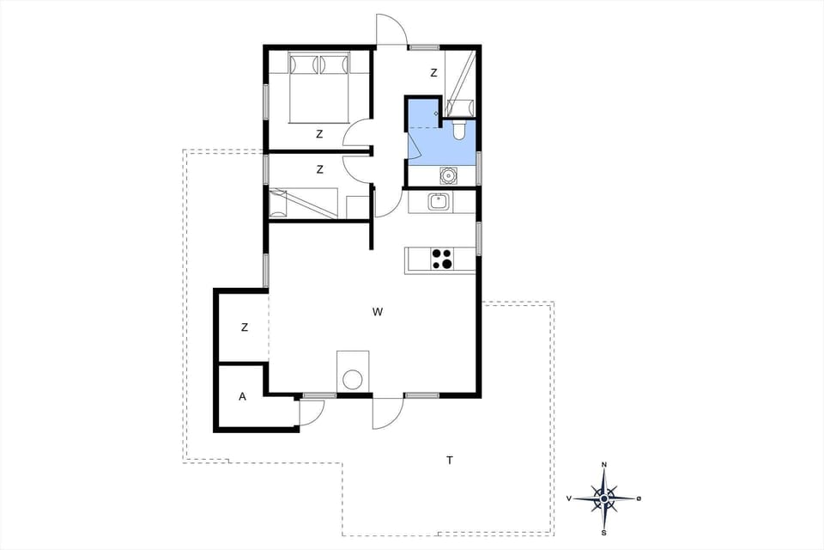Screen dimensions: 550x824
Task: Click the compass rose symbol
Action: click(604, 498)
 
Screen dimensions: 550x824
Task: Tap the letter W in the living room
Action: click(378, 312)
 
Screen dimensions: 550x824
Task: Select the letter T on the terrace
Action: click(449, 461)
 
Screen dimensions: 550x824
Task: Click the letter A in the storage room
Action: click(242, 396)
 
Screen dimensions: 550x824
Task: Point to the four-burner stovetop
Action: click(442, 259)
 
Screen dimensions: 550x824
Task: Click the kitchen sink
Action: click(438, 202)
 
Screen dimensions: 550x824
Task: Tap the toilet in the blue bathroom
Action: click(459, 129)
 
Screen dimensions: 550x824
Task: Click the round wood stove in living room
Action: click(352, 379)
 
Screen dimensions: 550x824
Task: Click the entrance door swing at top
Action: click(391, 30)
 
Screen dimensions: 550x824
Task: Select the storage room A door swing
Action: click(309, 413)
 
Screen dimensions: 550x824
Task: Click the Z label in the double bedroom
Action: click(319, 134)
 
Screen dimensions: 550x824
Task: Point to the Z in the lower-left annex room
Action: click(245, 327)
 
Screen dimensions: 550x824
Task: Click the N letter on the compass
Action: click(604, 465)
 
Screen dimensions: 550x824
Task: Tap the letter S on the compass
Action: click(604, 532)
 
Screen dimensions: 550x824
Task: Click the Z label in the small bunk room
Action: click(319, 169)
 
